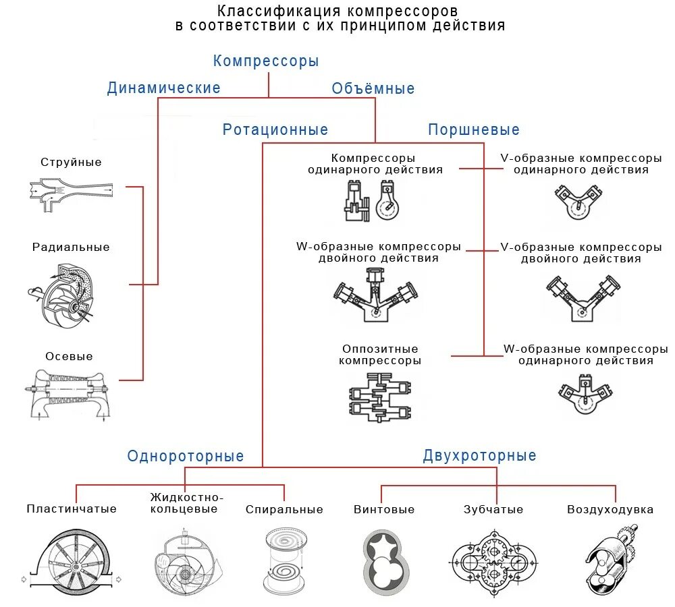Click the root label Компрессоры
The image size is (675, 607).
[x=266, y=61]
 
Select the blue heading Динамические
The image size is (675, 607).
[x=164, y=88]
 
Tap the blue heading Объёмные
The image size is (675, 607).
[x=373, y=89]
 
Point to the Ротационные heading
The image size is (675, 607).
[x=275, y=130]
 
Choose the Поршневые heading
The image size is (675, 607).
[x=474, y=130]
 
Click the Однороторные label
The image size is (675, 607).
[x=186, y=457]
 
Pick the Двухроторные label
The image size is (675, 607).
[x=480, y=456]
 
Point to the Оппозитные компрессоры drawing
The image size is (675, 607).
[x=380, y=401]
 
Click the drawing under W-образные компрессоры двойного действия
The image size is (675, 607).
[x=377, y=294]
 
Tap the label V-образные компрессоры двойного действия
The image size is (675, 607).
[x=581, y=253]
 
